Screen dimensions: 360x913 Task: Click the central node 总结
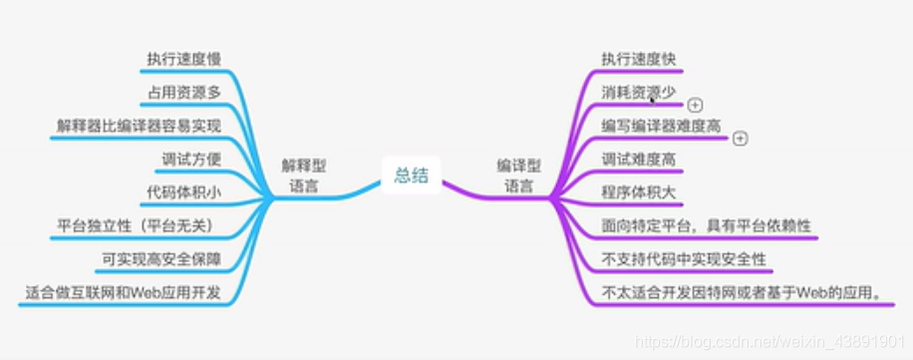[411, 176]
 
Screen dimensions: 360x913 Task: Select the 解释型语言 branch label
[304, 176]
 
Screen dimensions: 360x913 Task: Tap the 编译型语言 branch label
[518, 176]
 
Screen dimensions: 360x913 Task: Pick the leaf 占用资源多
[185, 94]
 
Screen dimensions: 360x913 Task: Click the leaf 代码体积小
[184, 192]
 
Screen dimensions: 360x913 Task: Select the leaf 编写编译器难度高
[661, 127]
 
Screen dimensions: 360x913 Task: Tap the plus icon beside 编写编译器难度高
[740, 139]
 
